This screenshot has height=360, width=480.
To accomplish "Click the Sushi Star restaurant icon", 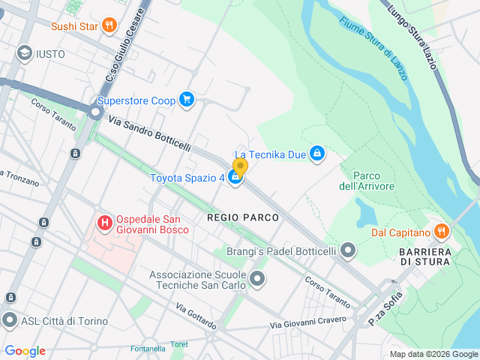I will click(109, 26).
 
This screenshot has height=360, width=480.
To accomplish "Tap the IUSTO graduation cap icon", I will click(25, 53).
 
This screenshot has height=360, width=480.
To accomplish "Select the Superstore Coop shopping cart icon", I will click(187, 100).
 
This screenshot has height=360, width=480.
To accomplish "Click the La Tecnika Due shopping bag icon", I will click(317, 154).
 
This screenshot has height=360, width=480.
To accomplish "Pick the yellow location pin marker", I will click(240, 166).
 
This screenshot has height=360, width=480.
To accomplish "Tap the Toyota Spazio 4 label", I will click(187, 178).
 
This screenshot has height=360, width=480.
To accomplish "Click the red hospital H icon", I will click(105, 223).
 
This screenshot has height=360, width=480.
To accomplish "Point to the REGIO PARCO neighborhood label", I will click(243, 217).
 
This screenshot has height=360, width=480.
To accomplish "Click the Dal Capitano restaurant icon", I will click(440, 232).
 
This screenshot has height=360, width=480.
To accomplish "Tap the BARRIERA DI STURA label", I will click(424, 256).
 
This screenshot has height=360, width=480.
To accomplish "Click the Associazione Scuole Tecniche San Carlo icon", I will click(257, 280).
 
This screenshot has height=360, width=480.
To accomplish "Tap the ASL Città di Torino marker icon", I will click(10, 321).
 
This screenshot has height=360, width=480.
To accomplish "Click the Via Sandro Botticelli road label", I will click(150, 132).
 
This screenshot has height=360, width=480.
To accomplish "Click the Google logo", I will click(25, 351).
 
